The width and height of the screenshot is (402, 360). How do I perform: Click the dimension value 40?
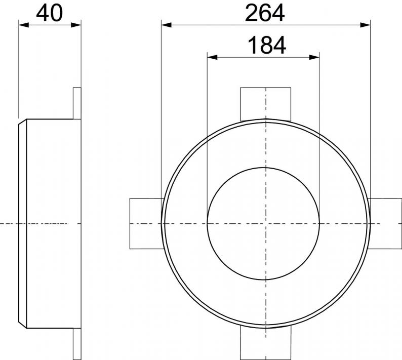click(x=50, y=13)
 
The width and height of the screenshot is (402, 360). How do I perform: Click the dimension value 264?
click(x=265, y=13)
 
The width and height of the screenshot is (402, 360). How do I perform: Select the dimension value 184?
click(x=267, y=46)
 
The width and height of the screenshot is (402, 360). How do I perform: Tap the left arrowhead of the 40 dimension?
click(x=24, y=25)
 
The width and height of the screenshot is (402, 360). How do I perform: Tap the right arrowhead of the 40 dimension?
click(x=76, y=25)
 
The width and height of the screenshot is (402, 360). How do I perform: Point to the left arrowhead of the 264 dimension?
click(x=167, y=25)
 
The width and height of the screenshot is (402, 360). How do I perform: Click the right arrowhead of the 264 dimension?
click(x=366, y=25)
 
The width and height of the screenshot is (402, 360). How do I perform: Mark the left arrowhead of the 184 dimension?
click(x=212, y=57)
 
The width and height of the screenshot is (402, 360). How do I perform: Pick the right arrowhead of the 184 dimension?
click(x=314, y=57)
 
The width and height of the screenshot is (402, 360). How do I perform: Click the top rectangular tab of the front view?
click(x=266, y=104)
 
